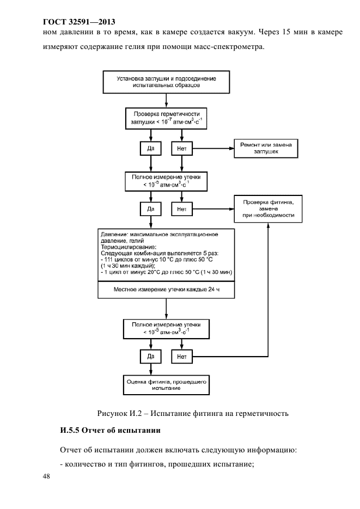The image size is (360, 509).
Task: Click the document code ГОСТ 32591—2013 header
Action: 79,22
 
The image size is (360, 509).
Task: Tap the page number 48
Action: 46,476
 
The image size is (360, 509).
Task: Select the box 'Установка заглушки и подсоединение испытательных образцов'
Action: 166,82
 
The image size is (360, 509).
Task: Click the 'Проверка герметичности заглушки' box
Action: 166,119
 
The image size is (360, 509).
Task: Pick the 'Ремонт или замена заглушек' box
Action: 266,149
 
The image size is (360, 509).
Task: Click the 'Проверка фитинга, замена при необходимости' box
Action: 268,208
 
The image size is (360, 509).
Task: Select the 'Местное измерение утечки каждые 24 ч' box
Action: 166,290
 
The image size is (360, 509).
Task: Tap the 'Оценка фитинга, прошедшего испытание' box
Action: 166,385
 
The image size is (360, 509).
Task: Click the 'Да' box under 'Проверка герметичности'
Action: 151,149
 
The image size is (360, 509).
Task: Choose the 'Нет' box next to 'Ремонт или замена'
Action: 182,149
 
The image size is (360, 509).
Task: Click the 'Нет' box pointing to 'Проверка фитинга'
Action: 182,209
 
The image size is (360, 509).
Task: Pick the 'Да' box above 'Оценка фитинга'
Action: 151,357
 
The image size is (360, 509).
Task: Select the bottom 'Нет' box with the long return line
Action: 182,357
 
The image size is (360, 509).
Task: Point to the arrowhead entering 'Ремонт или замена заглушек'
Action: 232,149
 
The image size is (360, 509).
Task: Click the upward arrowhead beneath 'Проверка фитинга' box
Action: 268,225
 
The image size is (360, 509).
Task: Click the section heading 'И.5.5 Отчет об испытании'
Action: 111,431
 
